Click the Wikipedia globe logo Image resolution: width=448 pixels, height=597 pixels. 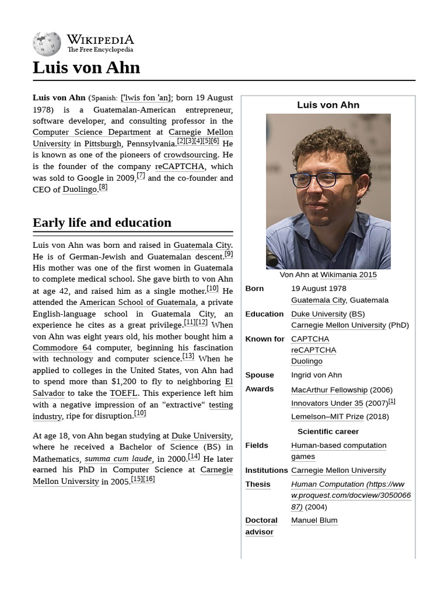[47, 44]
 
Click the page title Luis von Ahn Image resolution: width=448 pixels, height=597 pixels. [86, 68]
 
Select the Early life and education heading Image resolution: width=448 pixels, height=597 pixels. [102, 223]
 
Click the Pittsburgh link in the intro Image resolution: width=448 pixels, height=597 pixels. [103, 144]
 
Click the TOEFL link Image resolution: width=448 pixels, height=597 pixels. [123, 394]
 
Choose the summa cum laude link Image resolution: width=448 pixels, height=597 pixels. [118, 459]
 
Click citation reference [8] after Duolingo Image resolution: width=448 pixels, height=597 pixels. [103, 187]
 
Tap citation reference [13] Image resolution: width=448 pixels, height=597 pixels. [188, 356]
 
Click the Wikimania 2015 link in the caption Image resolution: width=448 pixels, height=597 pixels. [348, 275]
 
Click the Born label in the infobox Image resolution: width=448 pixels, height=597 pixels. [254, 289]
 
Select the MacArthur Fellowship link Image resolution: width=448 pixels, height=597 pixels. [329, 390]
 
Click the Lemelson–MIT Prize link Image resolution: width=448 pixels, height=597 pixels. [327, 417]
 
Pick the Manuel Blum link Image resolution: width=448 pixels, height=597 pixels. [314, 521]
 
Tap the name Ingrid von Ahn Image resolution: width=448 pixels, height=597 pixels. [316, 375]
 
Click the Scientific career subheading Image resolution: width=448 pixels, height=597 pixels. [328, 432]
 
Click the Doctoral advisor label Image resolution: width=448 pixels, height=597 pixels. [261, 526]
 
